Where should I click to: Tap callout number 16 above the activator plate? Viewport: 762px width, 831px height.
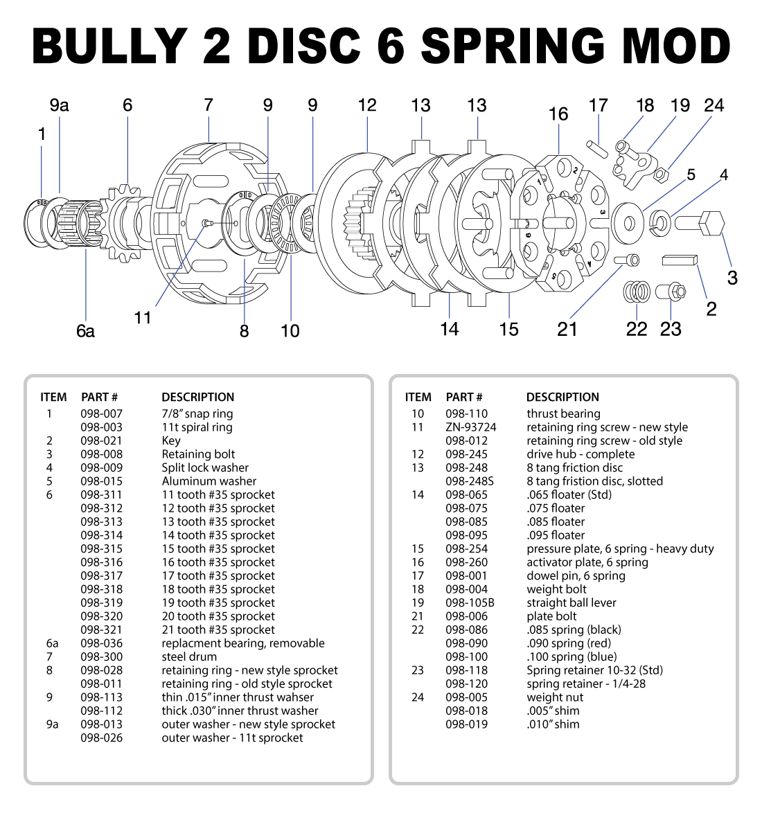point(558,114)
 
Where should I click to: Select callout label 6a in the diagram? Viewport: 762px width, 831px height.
point(85,331)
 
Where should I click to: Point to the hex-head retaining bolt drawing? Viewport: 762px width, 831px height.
point(701,223)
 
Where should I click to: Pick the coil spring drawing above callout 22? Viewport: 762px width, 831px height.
point(637,291)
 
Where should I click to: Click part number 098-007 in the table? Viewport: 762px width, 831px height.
point(101,413)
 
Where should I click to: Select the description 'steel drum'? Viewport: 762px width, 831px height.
point(189,656)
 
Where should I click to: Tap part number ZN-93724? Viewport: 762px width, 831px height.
point(471,427)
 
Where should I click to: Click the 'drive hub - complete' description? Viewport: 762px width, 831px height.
point(581,454)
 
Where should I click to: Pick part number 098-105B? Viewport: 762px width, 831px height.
point(470,602)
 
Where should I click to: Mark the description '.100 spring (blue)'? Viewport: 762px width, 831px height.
point(571,656)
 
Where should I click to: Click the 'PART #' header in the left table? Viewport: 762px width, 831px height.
point(99,397)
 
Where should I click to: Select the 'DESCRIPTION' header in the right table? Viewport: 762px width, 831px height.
point(562,397)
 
